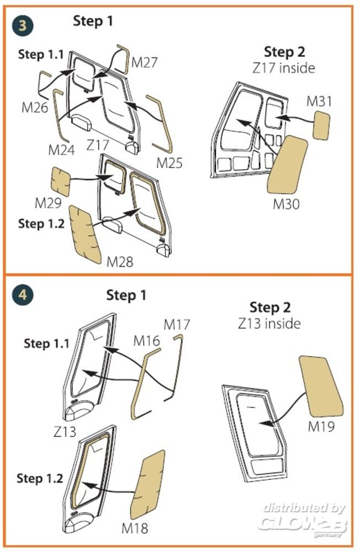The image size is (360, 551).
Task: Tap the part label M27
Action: [144, 63]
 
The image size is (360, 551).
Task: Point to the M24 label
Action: [61, 150]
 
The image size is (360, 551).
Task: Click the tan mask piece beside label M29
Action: [61, 182]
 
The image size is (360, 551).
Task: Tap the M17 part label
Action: [176, 325]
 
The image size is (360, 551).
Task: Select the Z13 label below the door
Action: [65, 431]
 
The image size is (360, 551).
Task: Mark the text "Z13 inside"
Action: [270, 323]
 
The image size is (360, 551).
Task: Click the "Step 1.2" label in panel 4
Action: [41, 478]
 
